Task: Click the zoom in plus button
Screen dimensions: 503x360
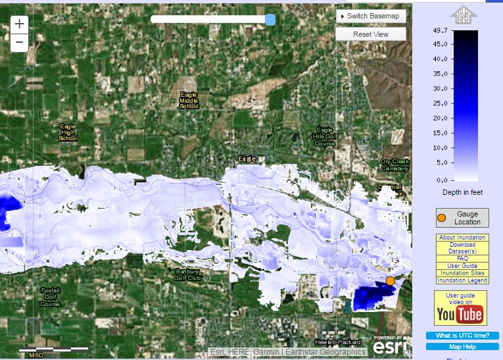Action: click(x=20, y=24)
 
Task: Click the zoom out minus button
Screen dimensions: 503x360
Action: click(x=20, y=43)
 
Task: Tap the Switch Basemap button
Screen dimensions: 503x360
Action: click(x=371, y=15)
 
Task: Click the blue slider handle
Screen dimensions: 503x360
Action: click(x=270, y=20)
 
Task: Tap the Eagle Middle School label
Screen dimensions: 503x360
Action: click(x=189, y=101)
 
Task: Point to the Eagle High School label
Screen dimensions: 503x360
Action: click(x=68, y=132)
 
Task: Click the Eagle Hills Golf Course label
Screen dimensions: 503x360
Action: click(x=325, y=137)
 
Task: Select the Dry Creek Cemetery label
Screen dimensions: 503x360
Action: click(x=395, y=165)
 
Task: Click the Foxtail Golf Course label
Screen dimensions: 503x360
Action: click(x=50, y=297)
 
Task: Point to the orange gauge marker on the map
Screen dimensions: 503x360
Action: click(x=390, y=281)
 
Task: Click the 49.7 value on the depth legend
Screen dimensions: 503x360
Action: click(x=440, y=31)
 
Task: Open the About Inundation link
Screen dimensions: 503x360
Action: click(x=462, y=238)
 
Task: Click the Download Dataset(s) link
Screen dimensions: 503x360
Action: click(x=462, y=247)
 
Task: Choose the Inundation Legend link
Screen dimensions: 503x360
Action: click(x=462, y=280)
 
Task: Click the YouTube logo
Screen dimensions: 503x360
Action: click(x=460, y=315)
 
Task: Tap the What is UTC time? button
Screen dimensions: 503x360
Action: click(x=462, y=336)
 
